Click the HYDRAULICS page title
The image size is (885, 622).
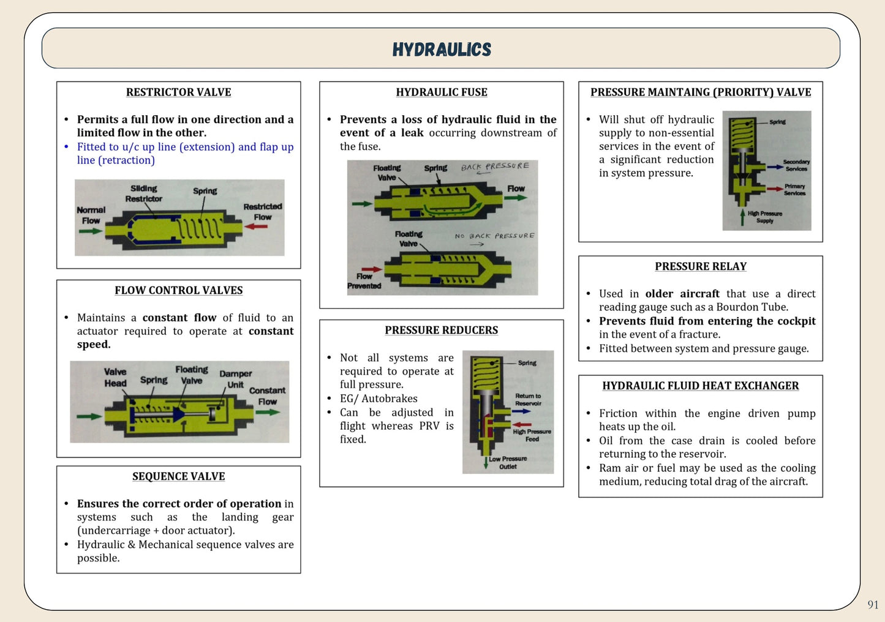click(442, 50)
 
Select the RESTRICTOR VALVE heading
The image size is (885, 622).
click(178, 92)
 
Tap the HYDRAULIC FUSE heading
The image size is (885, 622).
click(442, 92)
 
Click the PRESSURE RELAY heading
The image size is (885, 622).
click(701, 267)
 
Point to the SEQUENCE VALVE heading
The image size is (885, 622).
click(178, 477)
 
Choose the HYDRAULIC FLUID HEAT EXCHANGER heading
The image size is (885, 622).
click(701, 386)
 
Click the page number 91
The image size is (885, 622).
click(873, 605)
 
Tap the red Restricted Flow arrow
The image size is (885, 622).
click(256, 227)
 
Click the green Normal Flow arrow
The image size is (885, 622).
click(91, 231)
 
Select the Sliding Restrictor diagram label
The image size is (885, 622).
click(144, 193)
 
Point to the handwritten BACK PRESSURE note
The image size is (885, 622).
click(495, 167)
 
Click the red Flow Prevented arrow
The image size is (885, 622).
click(371, 269)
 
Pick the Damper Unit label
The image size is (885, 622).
click(236, 379)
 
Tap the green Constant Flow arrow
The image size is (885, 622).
click(268, 412)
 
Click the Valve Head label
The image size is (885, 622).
click(115, 377)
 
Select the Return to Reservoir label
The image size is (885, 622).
click(528, 400)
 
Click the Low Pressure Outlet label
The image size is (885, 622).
click(508, 462)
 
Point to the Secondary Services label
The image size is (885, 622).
click(796, 165)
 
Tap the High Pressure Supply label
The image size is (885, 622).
click(765, 217)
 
